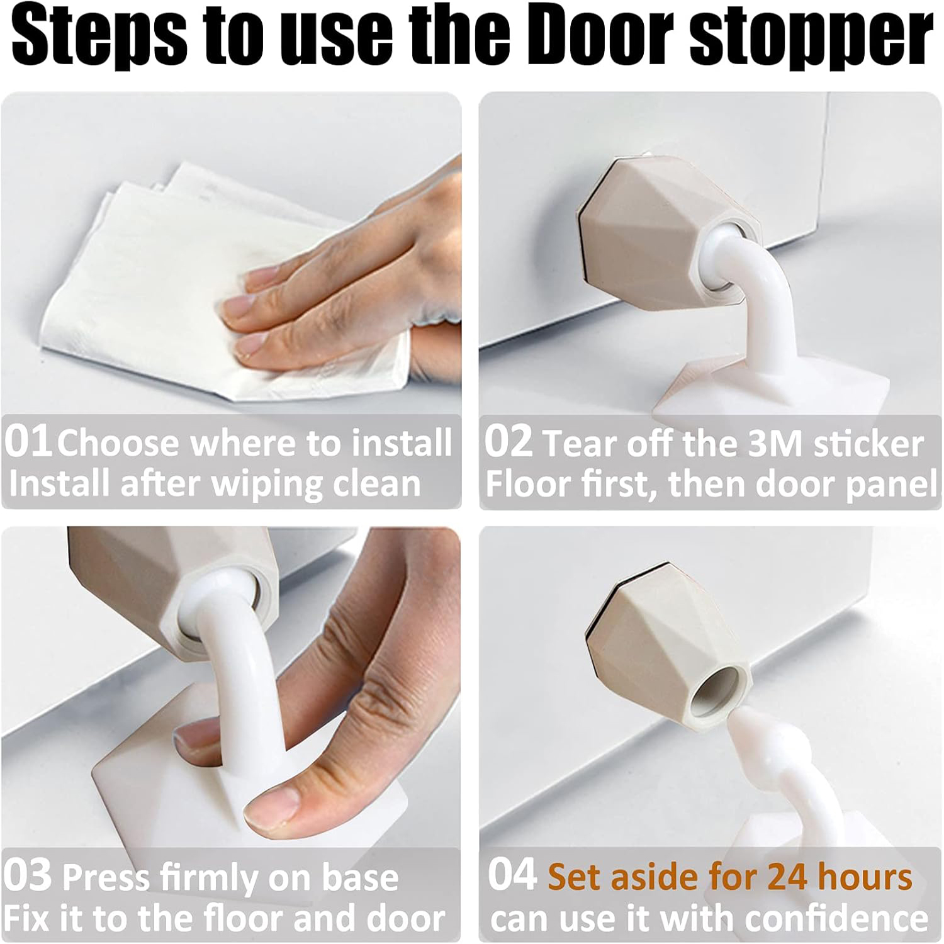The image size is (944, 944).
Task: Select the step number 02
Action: (509, 442)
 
